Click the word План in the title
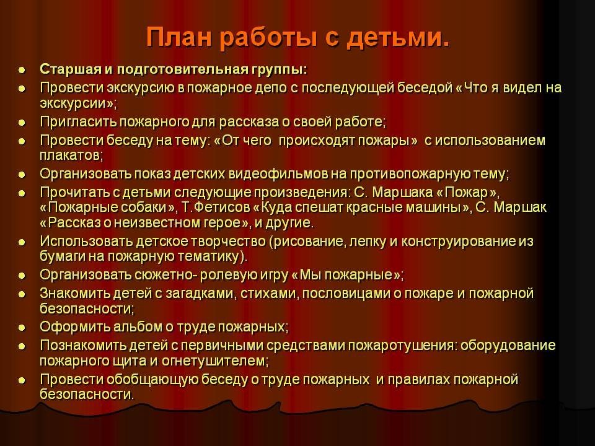(178, 38)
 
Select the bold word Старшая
(71, 70)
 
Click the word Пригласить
(79, 122)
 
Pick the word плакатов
(71, 155)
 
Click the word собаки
(148, 208)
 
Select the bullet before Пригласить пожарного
(22, 123)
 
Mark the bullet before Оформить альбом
(22, 328)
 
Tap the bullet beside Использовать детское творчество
(22, 242)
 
